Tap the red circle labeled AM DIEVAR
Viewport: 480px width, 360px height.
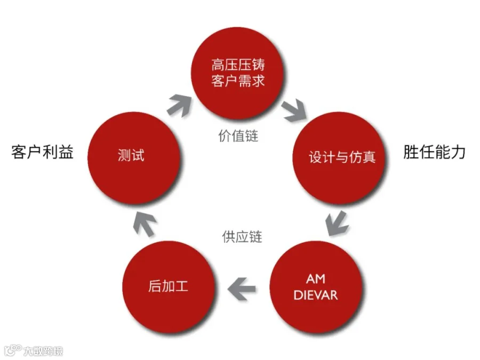(316, 287)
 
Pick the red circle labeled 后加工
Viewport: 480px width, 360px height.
(169, 287)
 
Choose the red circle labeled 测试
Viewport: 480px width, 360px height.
(131, 156)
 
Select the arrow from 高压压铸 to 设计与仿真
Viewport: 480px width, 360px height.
(292, 109)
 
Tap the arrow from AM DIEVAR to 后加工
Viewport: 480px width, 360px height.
(241, 288)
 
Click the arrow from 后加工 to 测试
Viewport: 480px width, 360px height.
(141, 224)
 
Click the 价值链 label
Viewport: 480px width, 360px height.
(238, 135)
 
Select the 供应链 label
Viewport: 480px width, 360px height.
(242, 236)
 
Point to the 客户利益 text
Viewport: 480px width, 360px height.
(42, 153)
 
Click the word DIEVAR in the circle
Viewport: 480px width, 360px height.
(316, 295)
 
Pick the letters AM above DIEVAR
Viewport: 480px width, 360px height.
(316, 279)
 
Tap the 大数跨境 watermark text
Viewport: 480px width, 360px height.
(42, 350)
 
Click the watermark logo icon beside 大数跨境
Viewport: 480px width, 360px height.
(12, 350)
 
